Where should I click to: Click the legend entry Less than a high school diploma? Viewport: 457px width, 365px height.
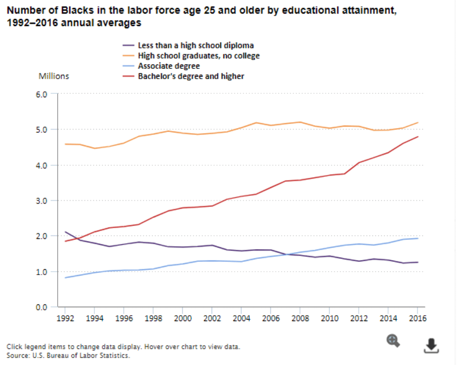pyautogui.click(x=196, y=45)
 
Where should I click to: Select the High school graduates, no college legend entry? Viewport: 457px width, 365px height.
pyautogui.click(x=198, y=56)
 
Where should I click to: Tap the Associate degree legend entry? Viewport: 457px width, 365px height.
pyautogui.click(x=169, y=66)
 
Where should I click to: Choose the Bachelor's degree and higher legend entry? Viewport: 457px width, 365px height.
pyautogui.click(x=191, y=76)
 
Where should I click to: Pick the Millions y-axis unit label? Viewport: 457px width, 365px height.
pyautogui.click(x=54, y=76)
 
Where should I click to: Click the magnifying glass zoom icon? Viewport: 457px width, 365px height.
pyautogui.click(x=393, y=341)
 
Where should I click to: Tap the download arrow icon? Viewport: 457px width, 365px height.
pyautogui.click(x=431, y=345)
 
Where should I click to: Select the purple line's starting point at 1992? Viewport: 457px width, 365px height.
pyautogui.click(x=65, y=232)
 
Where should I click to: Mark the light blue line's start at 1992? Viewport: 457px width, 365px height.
pyautogui.click(x=65, y=278)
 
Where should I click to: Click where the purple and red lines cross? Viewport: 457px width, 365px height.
pyautogui.click(x=77, y=239)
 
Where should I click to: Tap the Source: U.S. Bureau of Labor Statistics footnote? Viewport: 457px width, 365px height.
pyautogui.click(x=68, y=355)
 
